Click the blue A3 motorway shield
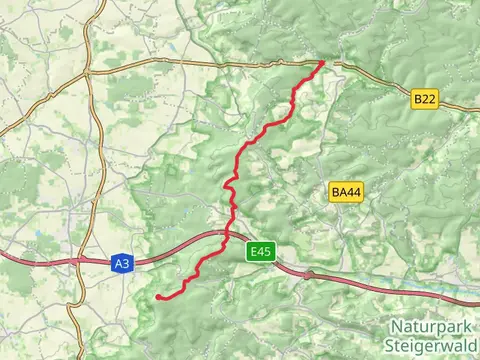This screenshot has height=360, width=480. point(121,264)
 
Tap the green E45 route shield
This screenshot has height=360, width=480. point(261,252)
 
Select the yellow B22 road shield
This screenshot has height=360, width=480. point(425,98)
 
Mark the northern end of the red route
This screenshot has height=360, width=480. point(322,63)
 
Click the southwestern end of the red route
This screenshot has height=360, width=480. point(159,297)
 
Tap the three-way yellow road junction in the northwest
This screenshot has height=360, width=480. point(88,72)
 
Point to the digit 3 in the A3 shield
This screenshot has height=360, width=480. point(125,264)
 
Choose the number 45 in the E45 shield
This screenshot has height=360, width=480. point(265,252)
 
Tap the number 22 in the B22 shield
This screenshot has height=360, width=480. point(429,98)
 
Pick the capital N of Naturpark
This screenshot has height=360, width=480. point(395,326)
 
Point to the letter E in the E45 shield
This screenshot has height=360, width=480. point(254,252)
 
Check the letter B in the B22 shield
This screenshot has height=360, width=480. point(417,98)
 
